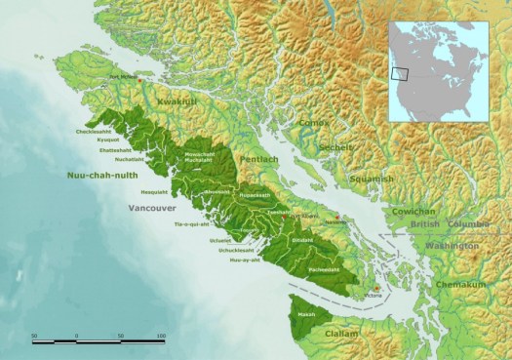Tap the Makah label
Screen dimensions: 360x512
(x=306, y=315)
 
